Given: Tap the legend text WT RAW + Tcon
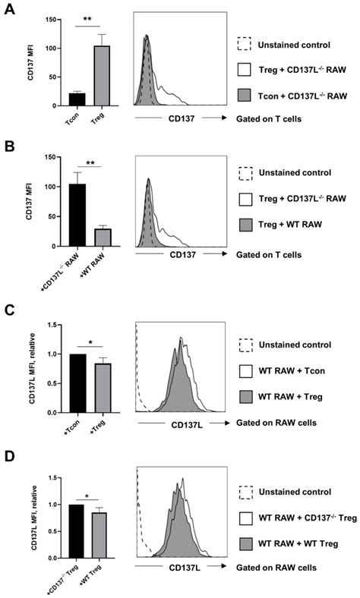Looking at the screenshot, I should [295, 368].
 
